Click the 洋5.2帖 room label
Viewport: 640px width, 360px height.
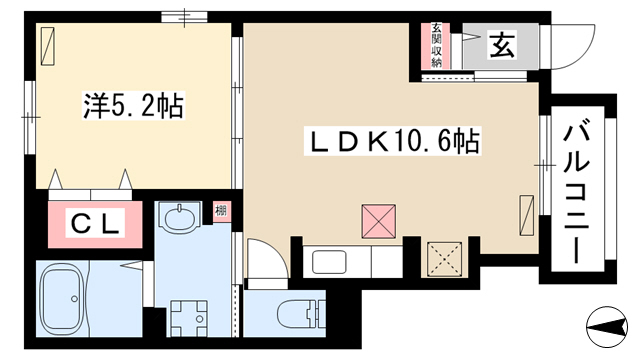pyautogui.click(x=134, y=105)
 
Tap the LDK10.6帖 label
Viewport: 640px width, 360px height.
pyautogui.click(x=392, y=141)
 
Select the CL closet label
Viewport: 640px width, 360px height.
pyautogui.click(x=95, y=222)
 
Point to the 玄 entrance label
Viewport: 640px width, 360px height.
pyautogui.click(x=502, y=45)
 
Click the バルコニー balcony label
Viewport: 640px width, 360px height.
pyautogui.click(x=576, y=194)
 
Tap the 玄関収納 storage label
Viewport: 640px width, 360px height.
pyautogui.click(x=436, y=45)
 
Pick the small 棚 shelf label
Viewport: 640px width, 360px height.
pyautogui.click(x=221, y=211)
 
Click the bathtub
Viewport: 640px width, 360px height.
pyautogui.click(x=65, y=299)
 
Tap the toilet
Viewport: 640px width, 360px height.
pyautogui.click(x=302, y=314)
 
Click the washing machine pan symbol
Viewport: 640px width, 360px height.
pyautogui.click(x=189, y=318)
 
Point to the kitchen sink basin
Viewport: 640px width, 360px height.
pyautogui.click(x=329, y=262)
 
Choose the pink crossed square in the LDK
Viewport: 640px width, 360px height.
pyautogui.click(x=378, y=221)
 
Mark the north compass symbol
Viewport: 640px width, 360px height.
pyautogui.click(x=607, y=327)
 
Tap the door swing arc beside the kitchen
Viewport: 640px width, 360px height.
pyautogui.click(x=278, y=250)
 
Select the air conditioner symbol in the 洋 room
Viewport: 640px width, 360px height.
pyautogui.click(x=48, y=46)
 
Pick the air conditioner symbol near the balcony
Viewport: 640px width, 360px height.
pyautogui.click(x=527, y=215)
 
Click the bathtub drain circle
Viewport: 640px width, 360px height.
pyautogui.click(x=74, y=299)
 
